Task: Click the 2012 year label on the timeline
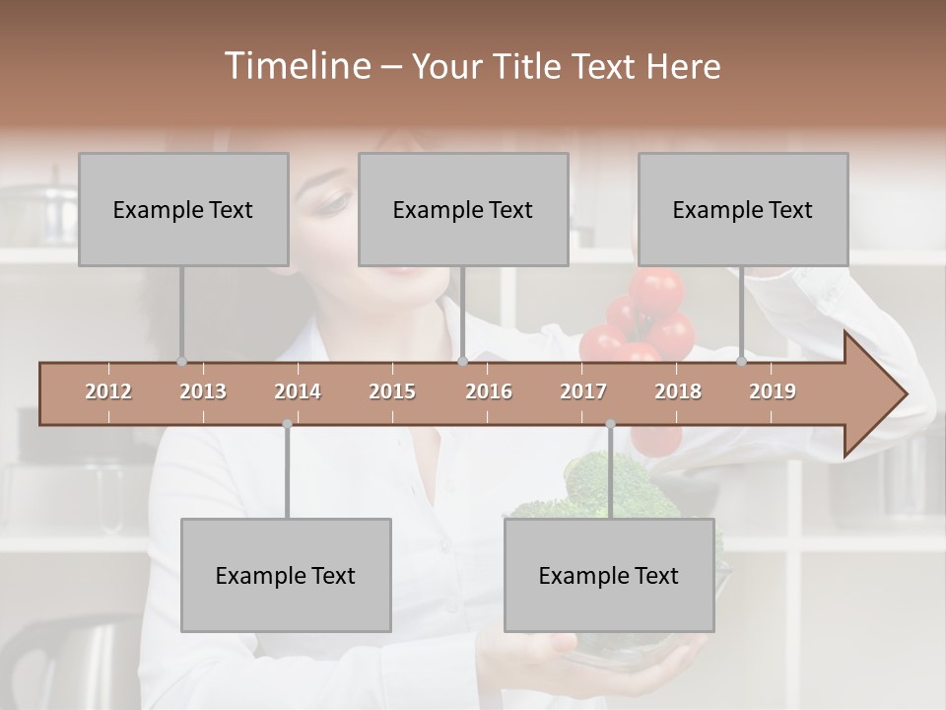108,391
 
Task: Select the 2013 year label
203,391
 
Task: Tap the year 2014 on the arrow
298,391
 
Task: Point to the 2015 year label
392,391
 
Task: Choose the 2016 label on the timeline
489,391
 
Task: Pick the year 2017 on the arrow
583,391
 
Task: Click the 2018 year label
678,391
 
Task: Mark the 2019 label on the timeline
773,391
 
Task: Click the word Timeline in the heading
296,66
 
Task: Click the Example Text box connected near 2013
183,209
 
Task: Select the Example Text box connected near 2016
463,209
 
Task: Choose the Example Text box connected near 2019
743,209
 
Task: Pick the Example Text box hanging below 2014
286,575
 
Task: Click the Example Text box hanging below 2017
609,575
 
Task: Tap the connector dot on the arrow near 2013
181,361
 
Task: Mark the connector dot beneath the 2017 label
610,424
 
